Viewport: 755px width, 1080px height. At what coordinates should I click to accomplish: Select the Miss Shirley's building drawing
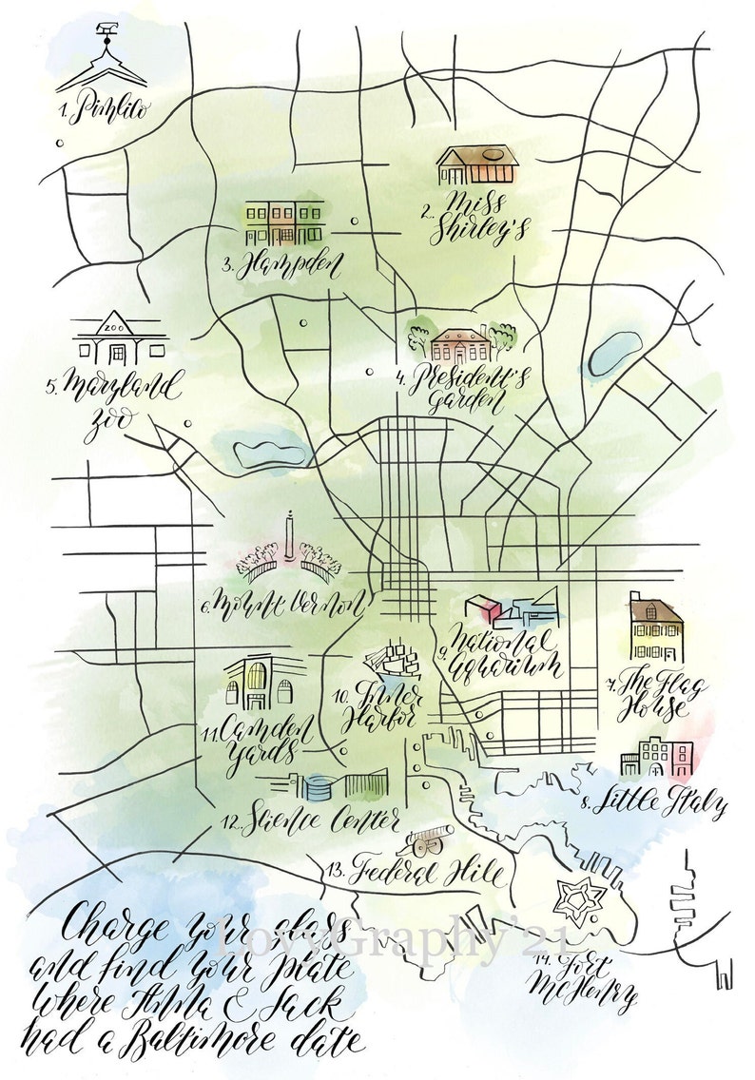(x=477, y=165)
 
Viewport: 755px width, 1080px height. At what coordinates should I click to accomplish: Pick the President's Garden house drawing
(x=460, y=344)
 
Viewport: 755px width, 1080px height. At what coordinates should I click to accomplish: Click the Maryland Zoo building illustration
(x=119, y=340)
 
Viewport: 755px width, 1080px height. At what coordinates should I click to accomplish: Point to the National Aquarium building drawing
(x=507, y=609)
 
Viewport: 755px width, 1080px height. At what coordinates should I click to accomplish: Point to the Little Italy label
(x=658, y=803)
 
